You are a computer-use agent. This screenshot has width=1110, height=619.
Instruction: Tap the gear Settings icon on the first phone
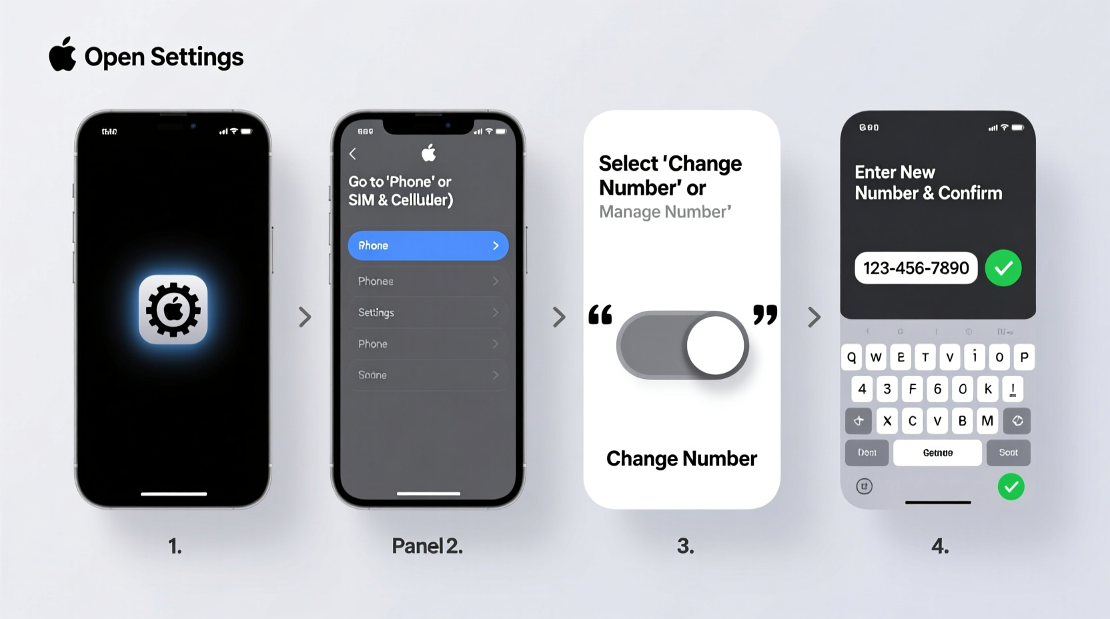pyautogui.click(x=173, y=309)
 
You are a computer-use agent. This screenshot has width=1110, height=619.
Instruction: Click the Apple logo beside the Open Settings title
pyautogui.click(x=63, y=55)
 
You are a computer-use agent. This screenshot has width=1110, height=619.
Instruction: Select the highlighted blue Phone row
pyautogui.click(x=428, y=245)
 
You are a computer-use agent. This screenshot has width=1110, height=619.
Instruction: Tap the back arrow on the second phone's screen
pyautogui.click(x=353, y=154)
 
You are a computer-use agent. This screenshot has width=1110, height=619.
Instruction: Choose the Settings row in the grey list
pyautogui.click(x=428, y=312)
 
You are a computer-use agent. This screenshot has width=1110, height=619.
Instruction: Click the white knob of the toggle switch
pyautogui.click(x=716, y=346)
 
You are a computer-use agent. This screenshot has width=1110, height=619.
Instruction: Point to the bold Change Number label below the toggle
pyautogui.click(x=681, y=459)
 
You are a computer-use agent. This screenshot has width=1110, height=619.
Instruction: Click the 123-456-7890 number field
pyautogui.click(x=916, y=268)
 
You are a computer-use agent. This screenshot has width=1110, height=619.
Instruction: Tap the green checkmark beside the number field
pyautogui.click(x=1003, y=268)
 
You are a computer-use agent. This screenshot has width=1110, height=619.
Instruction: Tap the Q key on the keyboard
pyautogui.click(x=852, y=358)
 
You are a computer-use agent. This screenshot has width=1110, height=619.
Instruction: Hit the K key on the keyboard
pyautogui.click(x=988, y=389)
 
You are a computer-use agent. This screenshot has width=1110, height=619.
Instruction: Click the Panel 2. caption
pyautogui.click(x=427, y=546)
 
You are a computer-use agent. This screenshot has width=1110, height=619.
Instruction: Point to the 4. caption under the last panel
pyautogui.click(x=939, y=546)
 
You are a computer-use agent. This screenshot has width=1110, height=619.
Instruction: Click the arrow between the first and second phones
pyautogui.click(x=305, y=317)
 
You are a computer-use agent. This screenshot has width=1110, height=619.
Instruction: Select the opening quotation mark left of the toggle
pyautogui.click(x=600, y=314)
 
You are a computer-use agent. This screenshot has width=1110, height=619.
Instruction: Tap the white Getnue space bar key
pyautogui.click(x=937, y=453)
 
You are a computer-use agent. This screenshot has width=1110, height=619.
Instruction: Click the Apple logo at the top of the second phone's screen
pyautogui.click(x=428, y=153)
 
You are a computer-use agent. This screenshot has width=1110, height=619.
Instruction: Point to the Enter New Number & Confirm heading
pyautogui.click(x=928, y=183)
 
